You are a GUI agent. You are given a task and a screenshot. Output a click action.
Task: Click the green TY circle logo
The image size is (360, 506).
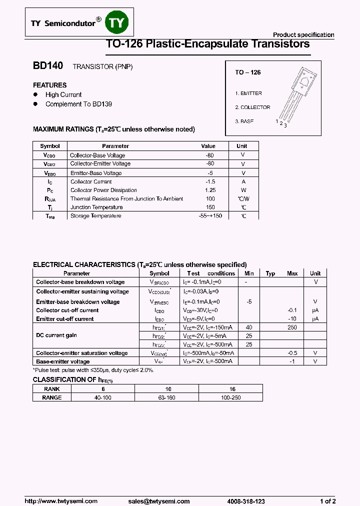[x=119, y=23]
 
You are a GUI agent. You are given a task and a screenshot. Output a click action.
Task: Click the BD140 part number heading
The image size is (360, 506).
[x=48, y=66]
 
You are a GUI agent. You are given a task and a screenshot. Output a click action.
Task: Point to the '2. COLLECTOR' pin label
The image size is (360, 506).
[x=252, y=107]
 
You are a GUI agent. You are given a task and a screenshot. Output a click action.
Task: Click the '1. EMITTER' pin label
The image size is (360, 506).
[x=248, y=93]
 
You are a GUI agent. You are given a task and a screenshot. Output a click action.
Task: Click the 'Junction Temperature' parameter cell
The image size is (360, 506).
[x=96, y=207]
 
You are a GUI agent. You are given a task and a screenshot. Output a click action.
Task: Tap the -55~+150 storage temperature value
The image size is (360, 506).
[x=210, y=216]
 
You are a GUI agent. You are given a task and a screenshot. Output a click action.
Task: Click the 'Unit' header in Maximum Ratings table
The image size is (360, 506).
[x=241, y=146]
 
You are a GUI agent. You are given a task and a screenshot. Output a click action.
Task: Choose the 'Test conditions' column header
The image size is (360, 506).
[x=210, y=273]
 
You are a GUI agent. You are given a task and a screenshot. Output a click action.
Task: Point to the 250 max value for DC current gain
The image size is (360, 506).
[x=292, y=327]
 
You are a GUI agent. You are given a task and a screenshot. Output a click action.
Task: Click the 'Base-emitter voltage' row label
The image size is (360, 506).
[x=63, y=361]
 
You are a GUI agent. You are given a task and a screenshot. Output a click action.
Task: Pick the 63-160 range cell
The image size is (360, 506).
[x=168, y=397]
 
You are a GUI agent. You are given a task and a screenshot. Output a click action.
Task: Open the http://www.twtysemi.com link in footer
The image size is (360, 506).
[x=61, y=501]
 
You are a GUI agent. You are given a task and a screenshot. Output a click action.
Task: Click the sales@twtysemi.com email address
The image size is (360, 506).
[x=158, y=501]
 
